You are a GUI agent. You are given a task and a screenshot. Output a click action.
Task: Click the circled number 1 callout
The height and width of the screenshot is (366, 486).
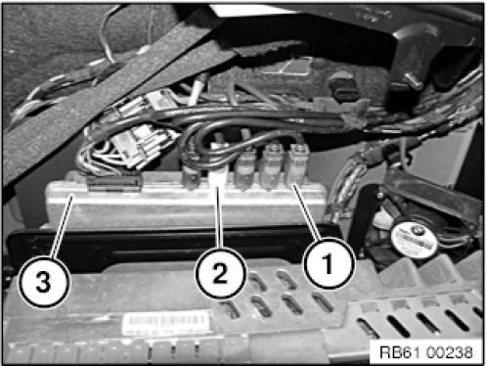(x=329, y=264)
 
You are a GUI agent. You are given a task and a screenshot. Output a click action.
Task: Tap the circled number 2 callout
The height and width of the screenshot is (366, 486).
(x=220, y=273)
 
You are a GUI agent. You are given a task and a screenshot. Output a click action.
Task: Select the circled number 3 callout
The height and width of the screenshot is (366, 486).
(x=43, y=281)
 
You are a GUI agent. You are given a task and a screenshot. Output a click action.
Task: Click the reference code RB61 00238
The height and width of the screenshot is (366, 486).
(x=426, y=352)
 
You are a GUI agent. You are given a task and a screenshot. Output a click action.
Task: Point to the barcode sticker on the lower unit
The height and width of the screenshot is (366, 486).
(x=166, y=323)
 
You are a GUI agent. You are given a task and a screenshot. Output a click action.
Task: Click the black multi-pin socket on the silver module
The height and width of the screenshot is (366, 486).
(x=114, y=183)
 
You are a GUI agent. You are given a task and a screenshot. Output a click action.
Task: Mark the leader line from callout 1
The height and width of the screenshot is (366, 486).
(x=306, y=212)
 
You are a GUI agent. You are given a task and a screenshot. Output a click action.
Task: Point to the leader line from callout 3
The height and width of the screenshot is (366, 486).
(x=63, y=227)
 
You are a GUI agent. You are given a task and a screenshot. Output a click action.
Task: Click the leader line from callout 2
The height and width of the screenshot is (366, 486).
(x=219, y=217)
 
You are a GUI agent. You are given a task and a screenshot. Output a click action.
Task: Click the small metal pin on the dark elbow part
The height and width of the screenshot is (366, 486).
(x=411, y=80)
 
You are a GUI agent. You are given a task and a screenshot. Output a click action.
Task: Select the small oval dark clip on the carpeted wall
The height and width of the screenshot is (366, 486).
(x=342, y=85)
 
